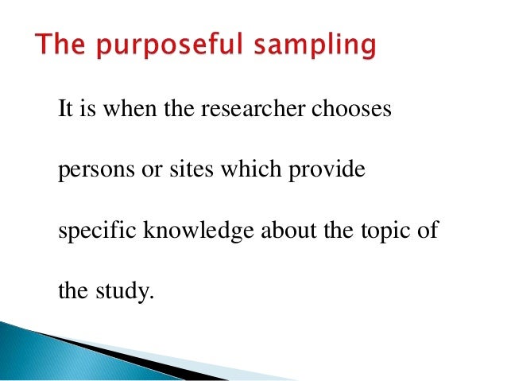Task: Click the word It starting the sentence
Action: click(x=65, y=109)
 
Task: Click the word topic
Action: click(x=380, y=231)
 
